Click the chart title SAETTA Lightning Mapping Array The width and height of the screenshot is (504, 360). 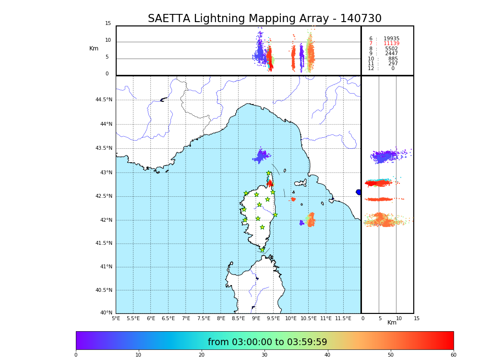(264, 19)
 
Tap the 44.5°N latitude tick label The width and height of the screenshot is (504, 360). (104, 100)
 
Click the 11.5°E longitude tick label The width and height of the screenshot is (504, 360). (343, 318)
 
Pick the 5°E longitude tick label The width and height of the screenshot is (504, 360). (116, 318)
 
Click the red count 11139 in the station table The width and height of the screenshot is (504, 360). (391, 44)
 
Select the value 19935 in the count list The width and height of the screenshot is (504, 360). (391, 39)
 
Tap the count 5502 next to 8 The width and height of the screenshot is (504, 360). (391, 49)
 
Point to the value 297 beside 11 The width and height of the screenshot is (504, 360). (393, 64)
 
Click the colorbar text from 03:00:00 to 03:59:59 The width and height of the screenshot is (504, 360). (267, 342)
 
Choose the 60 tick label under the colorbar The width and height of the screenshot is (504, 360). (453, 355)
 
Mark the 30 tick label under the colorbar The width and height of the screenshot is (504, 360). (264, 355)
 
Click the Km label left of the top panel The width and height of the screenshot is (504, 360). (94, 48)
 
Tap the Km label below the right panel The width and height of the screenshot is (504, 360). (392, 323)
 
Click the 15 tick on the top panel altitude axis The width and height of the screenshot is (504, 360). (108, 24)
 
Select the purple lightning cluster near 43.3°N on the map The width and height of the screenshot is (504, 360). (261, 156)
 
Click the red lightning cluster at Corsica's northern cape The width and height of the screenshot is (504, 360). (270, 183)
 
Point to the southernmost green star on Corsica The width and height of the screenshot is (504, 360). (262, 250)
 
